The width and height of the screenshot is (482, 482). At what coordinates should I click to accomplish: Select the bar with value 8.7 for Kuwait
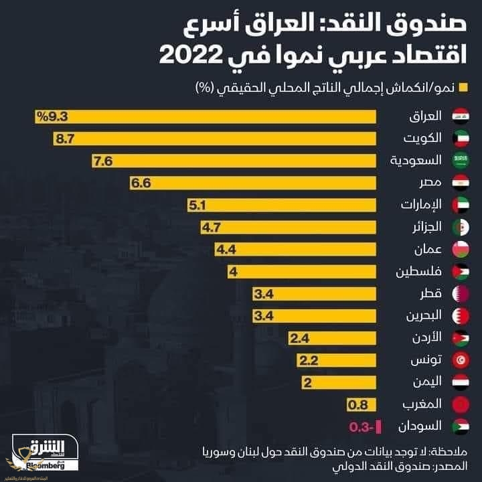click(x=214, y=139)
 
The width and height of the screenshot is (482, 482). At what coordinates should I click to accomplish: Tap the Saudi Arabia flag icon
click(x=461, y=161)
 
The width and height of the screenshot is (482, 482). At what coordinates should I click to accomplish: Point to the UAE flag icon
click(x=461, y=205)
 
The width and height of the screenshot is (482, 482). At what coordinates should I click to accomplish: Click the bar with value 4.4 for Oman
click(x=295, y=250)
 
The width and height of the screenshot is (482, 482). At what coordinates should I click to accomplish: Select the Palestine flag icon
click(x=461, y=272)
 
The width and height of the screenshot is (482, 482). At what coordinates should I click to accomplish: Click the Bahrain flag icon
click(x=461, y=316)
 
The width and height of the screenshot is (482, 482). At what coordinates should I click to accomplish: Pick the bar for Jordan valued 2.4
click(x=331, y=338)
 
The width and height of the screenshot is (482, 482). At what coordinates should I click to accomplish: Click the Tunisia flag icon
click(x=461, y=360)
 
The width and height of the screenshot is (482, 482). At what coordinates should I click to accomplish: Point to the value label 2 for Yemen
click(x=309, y=382)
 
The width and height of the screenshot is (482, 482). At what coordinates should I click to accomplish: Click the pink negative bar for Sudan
click(x=378, y=426)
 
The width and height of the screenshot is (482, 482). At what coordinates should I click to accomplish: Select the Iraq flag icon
click(x=461, y=116)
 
